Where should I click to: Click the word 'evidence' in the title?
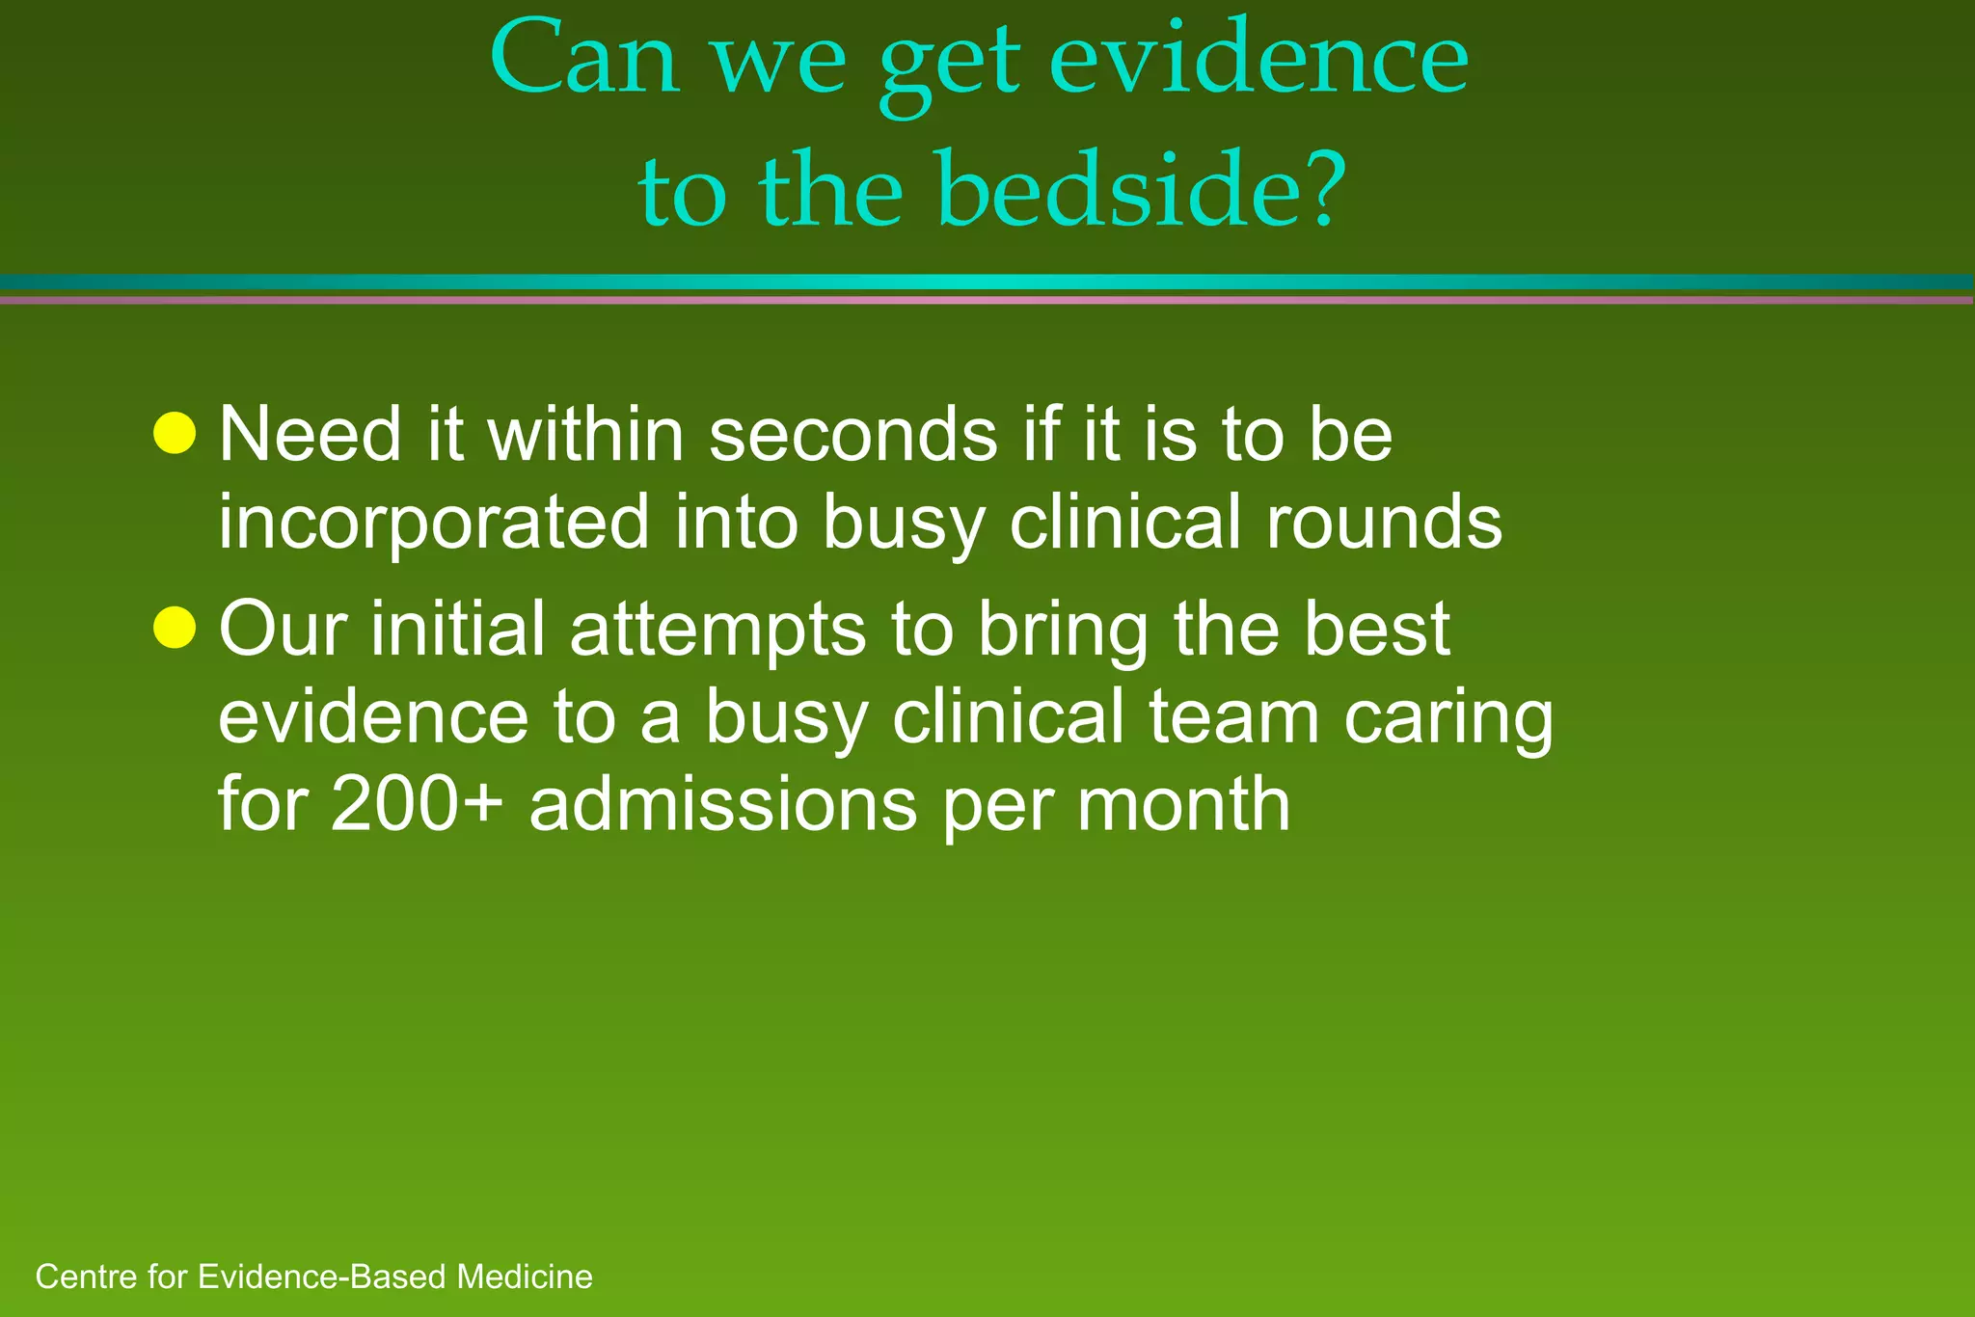coord(1258,60)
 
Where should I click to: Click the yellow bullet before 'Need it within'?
coord(175,433)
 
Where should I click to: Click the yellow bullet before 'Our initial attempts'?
coord(175,629)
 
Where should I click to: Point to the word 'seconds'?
coord(852,435)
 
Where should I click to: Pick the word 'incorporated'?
coord(433,523)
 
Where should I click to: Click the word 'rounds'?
coord(1383,523)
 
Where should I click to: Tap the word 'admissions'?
coord(722,805)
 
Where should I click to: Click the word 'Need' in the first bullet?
coord(310,435)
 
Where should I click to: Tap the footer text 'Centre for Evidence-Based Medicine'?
coord(313,1277)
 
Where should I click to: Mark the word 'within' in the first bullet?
coord(584,435)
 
